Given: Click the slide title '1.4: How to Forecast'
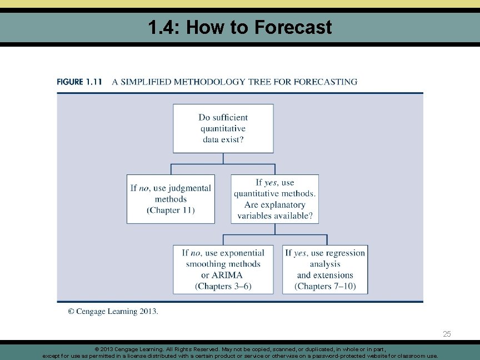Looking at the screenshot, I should click(x=240, y=27).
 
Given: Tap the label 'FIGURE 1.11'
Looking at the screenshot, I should click(x=79, y=82).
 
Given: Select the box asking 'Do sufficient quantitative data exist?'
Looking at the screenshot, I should click(x=223, y=128).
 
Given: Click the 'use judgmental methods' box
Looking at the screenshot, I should click(x=171, y=199).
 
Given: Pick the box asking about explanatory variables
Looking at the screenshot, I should click(x=274, y=199).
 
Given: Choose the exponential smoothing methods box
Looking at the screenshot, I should click(x=223, y=269).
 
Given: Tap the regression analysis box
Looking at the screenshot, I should click(x=325, y=269).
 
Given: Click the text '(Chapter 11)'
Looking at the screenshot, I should click(x=171, y=211).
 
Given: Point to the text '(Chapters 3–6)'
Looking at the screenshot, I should click(x=223, y=287).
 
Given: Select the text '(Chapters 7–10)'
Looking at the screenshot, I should click(x=325, y=287).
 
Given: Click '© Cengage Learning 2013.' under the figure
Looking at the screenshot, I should click(x=113, y=312).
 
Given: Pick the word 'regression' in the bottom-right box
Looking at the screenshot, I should click(x=345, y=253).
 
